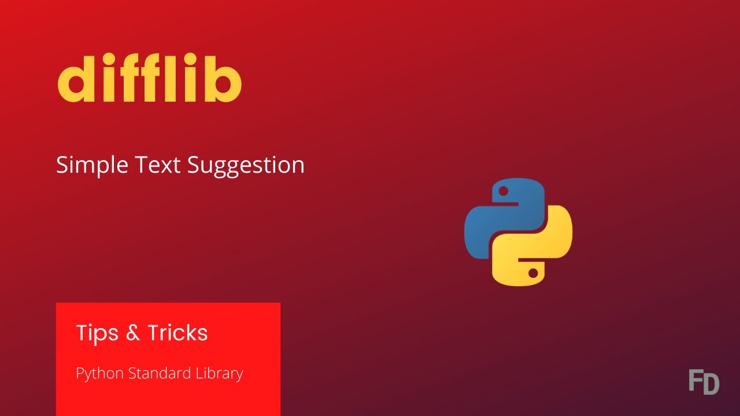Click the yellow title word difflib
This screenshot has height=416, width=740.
149,80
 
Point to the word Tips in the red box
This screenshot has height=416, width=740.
97,333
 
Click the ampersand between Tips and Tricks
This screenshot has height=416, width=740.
132,333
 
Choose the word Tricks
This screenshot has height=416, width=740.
177,333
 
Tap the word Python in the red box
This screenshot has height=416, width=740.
100,374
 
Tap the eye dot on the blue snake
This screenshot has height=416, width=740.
504,191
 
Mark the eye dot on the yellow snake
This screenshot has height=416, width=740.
532,273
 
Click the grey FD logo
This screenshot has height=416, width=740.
704,382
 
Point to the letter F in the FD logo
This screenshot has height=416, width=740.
695,382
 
